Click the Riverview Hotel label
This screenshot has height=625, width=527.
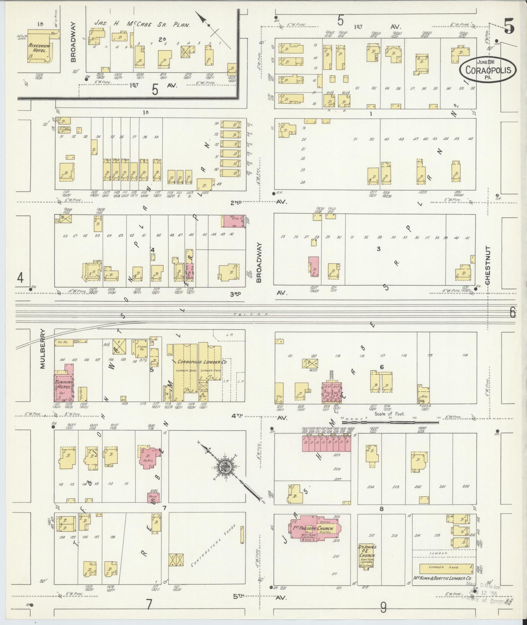39,48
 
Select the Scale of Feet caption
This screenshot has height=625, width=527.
390,414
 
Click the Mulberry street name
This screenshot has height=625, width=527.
42,349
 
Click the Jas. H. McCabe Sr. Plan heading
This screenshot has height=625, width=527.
142,24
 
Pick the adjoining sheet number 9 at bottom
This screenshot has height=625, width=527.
383,608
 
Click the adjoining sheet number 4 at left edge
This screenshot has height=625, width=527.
20,278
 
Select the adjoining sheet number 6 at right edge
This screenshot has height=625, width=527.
512,313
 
